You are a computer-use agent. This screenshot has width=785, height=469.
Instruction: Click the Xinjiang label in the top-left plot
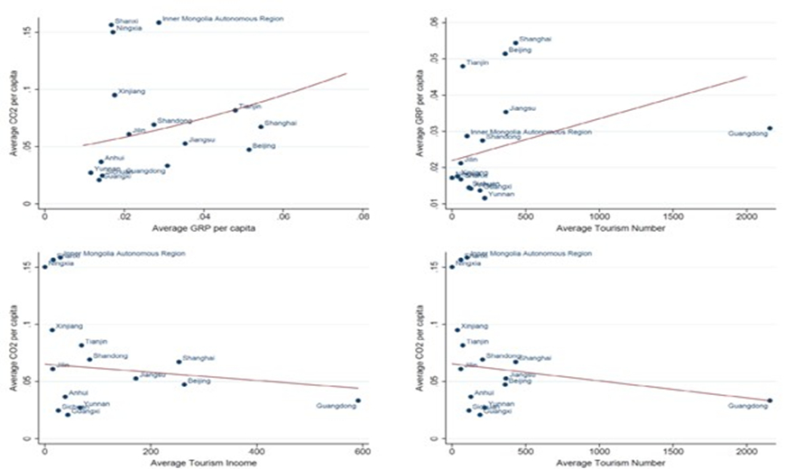pyautogui.click(x=132, y=92)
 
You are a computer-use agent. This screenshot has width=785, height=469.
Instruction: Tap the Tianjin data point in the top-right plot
pyautogui.click(x=463, y=66)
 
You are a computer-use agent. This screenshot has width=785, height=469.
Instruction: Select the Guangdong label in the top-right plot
pyautogui.click(x=747, y=133)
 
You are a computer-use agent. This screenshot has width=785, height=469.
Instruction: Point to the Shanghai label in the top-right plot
pyautogui.click(x=536, y=40)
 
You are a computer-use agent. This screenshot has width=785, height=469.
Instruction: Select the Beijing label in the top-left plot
pyautogui.click(x=263, y=145)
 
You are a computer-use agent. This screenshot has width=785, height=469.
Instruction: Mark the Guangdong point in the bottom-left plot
pyautogui.click(x=358, y=400)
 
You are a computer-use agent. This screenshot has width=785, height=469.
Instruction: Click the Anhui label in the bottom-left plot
pyautogui.click(x=79, y=393)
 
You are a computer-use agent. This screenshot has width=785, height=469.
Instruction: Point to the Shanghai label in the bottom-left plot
pyautogui.click(x=199, y=358)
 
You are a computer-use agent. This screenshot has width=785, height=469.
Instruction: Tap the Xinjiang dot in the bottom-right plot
pyautogui.click(x=457, y=330)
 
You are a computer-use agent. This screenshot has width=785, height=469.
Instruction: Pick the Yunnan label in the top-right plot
pyautogui.click(x=501, y=193)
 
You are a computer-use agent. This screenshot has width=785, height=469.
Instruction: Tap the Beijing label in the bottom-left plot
pyautogui.click(x=199, y=382)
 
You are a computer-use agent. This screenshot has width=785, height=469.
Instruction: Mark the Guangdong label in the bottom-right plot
pyautogui.click(x=747, y=406)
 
